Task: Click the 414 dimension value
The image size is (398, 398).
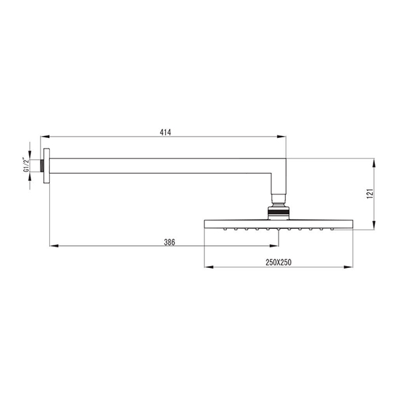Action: pos(165,132)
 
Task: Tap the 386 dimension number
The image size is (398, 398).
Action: pos(169,242)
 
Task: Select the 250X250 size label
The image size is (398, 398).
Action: pos(279,262)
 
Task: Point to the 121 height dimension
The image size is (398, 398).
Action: pos(370,194)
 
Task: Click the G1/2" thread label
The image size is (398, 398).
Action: pos(26,165)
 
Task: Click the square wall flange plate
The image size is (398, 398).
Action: pos(46,166)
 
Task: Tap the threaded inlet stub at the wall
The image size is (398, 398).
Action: pos(42,166)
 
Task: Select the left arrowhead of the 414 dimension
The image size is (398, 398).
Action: pos(45,137)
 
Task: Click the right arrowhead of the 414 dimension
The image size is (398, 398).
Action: pos(281,137)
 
